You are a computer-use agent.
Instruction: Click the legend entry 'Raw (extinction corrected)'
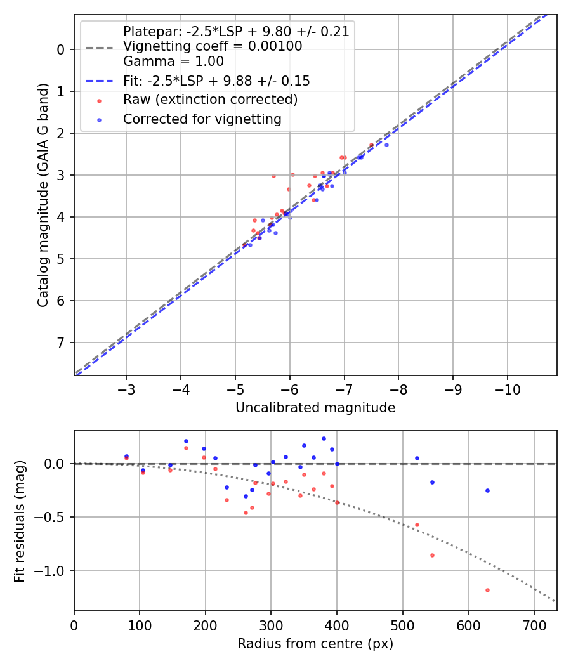[x=210, y=100]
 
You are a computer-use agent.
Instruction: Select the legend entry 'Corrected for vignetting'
[x=202, y=119]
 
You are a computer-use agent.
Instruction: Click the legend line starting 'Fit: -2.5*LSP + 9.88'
[x=216, y=81]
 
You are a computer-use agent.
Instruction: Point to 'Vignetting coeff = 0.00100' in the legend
[x=212, y=46]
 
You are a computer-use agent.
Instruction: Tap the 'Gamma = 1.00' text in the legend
[x=173, y=62]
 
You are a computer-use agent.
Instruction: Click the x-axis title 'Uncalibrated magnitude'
[x=315, y=408]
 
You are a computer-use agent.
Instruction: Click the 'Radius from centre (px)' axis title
[x=315, y=644]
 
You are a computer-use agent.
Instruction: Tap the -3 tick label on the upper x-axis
[x=126, y=388]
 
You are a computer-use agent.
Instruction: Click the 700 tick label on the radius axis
[x=534, y=624]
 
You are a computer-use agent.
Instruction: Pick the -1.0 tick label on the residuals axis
[x=53, y=571]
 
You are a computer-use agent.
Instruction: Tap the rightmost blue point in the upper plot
[x=386, y=145]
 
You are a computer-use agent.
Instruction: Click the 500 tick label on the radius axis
[x=402, y=624]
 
